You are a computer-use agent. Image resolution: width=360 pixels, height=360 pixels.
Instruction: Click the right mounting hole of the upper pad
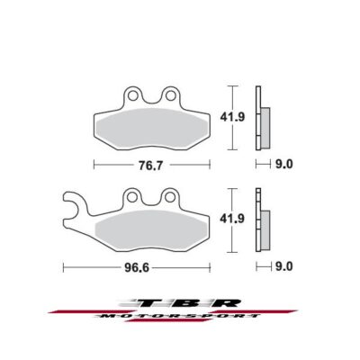[166, 94]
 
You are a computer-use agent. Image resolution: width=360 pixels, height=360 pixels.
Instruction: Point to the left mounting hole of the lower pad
[132, 196]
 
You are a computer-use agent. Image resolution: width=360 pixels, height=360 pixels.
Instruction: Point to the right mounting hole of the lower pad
[166, 196]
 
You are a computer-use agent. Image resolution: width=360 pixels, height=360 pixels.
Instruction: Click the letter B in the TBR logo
[180, 303]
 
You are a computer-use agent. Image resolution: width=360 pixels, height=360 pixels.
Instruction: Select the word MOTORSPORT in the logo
[180, 319]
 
